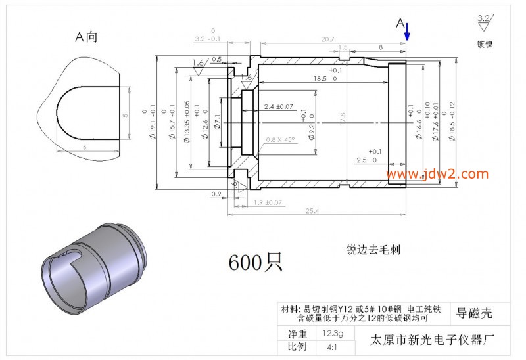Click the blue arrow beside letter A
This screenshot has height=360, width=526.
coord(407,30)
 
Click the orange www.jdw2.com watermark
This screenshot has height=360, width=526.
coord(437,174)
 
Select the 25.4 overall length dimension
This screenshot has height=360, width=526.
coord(312,210)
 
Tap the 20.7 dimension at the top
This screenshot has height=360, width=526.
coord(327,39)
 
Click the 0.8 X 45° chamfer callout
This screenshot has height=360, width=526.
coord(280,140)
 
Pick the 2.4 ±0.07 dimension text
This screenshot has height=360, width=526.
coord(279,106)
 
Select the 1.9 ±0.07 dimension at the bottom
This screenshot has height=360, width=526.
coord(268,202)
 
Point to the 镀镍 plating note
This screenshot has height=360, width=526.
coord(485,45)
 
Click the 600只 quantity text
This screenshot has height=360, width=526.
coord(255,262)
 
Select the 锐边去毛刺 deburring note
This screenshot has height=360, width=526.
coord(373,250)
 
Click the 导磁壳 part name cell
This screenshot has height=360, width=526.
coord(474,313)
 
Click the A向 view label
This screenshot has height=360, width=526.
coord(86,37)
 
